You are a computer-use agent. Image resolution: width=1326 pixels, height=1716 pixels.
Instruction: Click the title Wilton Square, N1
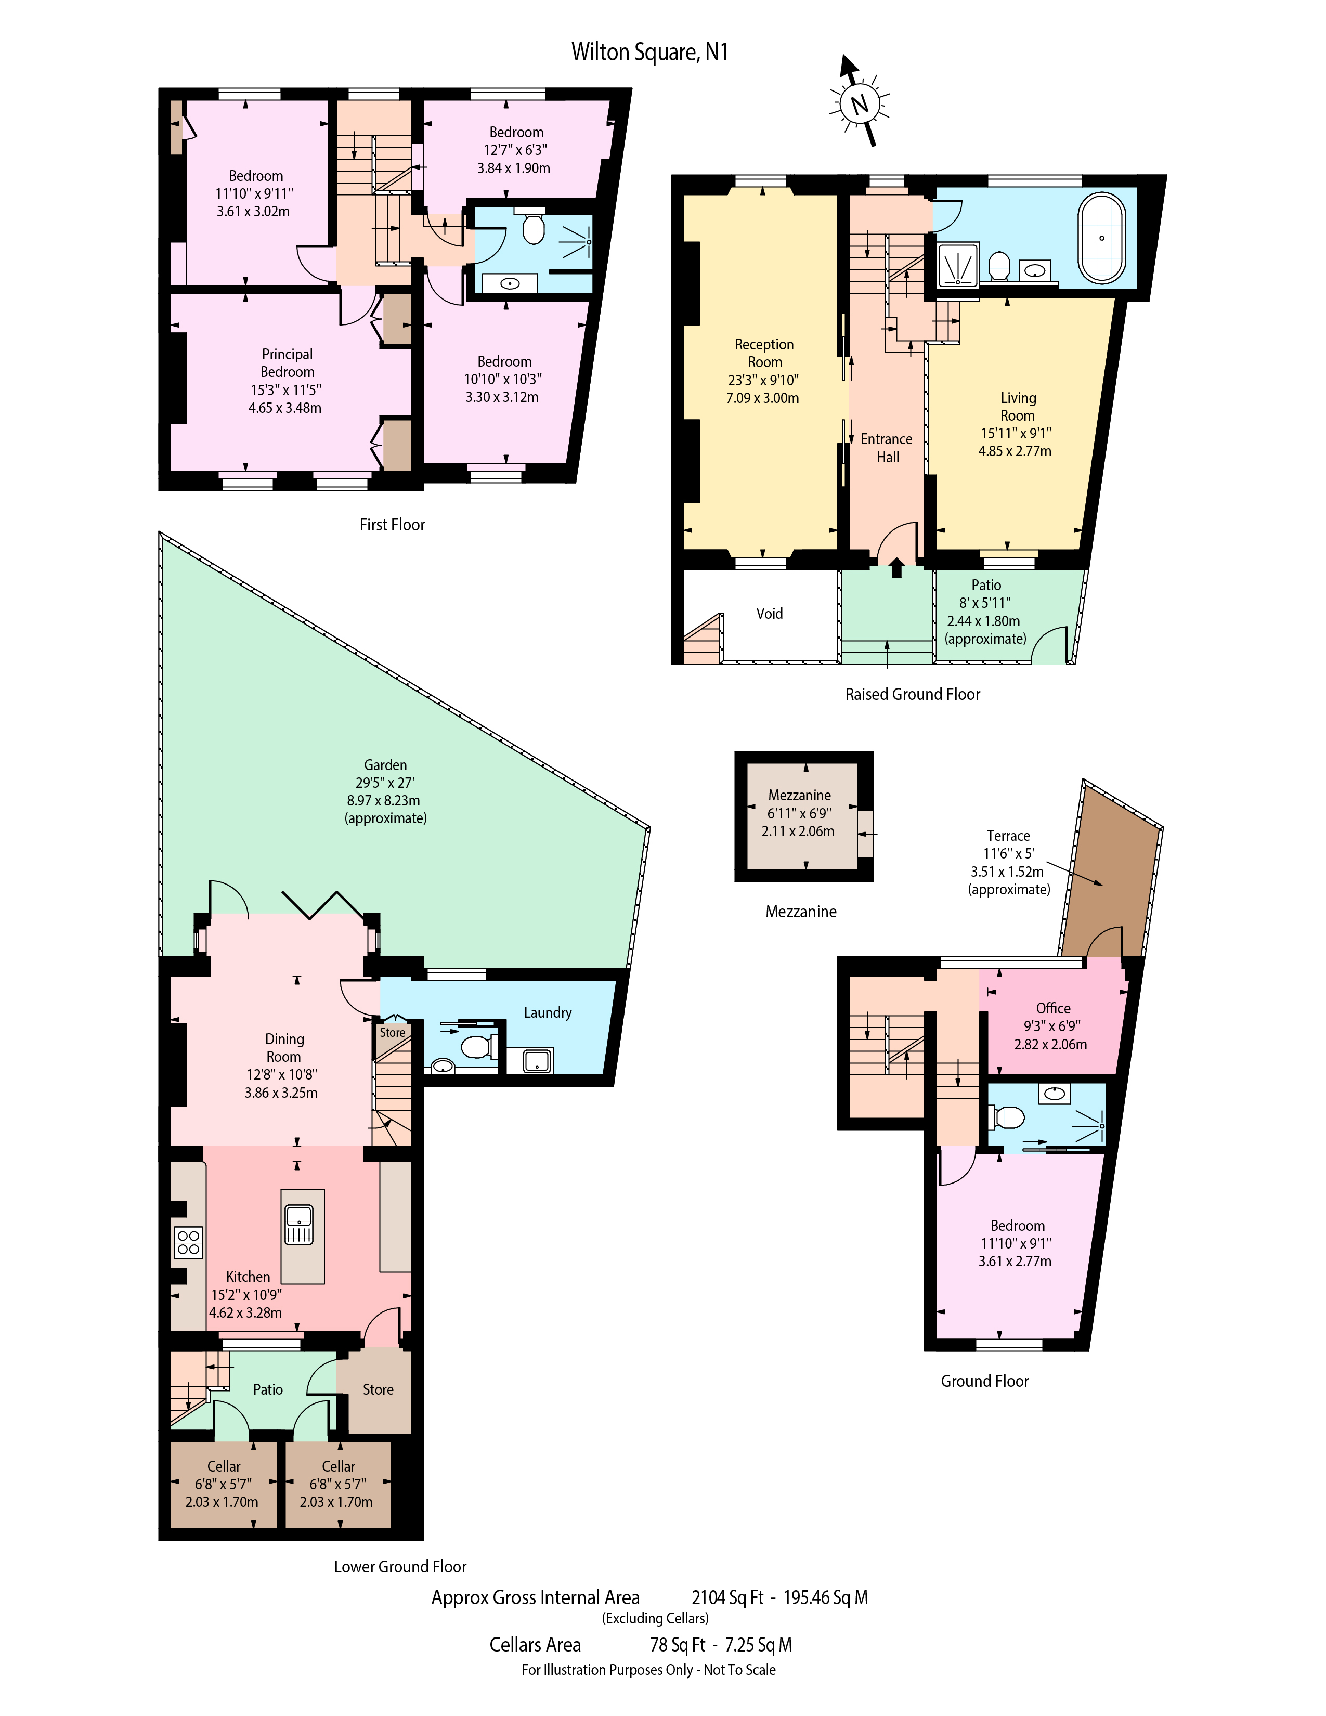[x=649, y=52]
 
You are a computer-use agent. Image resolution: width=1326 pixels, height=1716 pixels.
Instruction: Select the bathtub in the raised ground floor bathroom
[x=1101, y=238]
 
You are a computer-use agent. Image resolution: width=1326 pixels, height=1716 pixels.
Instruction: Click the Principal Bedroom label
[x=288, y=363]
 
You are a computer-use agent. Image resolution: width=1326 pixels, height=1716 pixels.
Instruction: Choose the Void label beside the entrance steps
[x=770, y=614]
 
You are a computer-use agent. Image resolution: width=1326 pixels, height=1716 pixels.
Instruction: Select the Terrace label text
[x=1008, y=836]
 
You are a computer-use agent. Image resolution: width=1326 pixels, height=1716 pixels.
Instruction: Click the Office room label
[x=1052, y=1008]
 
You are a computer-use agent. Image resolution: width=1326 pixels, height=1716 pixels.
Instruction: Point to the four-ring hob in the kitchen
[x=189, y=1242]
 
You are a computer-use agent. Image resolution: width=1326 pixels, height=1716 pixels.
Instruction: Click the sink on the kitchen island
[x=300, y=1226]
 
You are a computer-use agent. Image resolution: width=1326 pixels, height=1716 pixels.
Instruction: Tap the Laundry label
[x=548, y=1013]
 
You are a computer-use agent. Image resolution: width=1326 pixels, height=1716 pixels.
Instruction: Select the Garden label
[x=385, y=764]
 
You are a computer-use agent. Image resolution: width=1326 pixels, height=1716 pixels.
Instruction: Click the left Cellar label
[x=224, y=1466]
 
